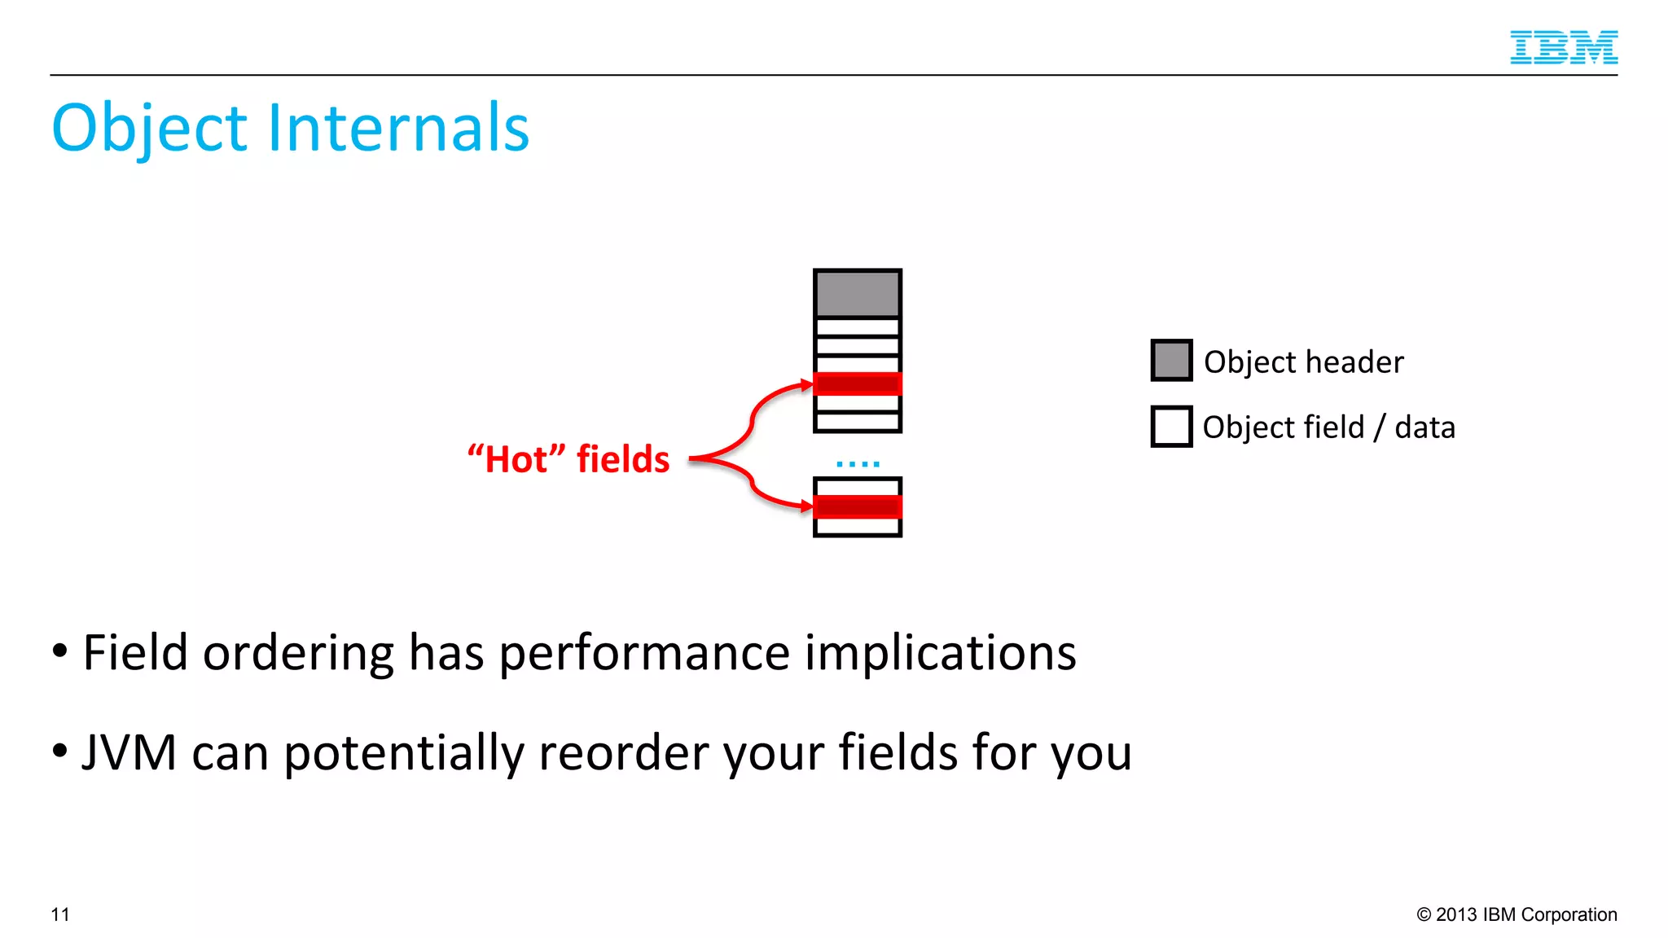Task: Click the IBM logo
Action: click(1563, 47)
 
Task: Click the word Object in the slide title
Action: click(149, 129)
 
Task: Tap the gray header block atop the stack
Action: click(858, 294)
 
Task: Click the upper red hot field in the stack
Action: click(858, 384)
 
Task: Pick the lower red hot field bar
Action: click(858, 506)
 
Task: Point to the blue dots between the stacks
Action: click(858, 464)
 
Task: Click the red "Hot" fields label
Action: click(568, 459)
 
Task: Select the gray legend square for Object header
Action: click(1171, 361)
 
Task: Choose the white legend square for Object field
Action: click(1171, 427)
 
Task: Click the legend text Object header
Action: click(1303, 362)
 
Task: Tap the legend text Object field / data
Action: click(1328, 427)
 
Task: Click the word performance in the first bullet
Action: click(643, 653)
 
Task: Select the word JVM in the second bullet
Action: click(129, 752)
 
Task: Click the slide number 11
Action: click(60, 914)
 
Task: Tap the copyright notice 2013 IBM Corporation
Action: click(1517, 914)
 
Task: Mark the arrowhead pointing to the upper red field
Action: click(807, 385)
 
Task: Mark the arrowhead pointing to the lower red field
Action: click(807, 507)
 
